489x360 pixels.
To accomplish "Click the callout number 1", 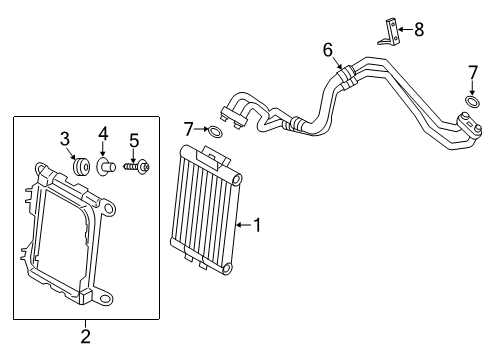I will (257, 226).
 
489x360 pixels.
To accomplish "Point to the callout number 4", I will (102, 134).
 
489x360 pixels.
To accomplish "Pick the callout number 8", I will (418, 30).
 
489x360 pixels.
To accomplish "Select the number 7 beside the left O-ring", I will (187, 129).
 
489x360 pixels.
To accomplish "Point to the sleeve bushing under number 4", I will (103, 165).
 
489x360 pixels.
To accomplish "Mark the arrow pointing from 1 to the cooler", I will (241, 226).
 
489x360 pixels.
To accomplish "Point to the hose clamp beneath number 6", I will (343, 72).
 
